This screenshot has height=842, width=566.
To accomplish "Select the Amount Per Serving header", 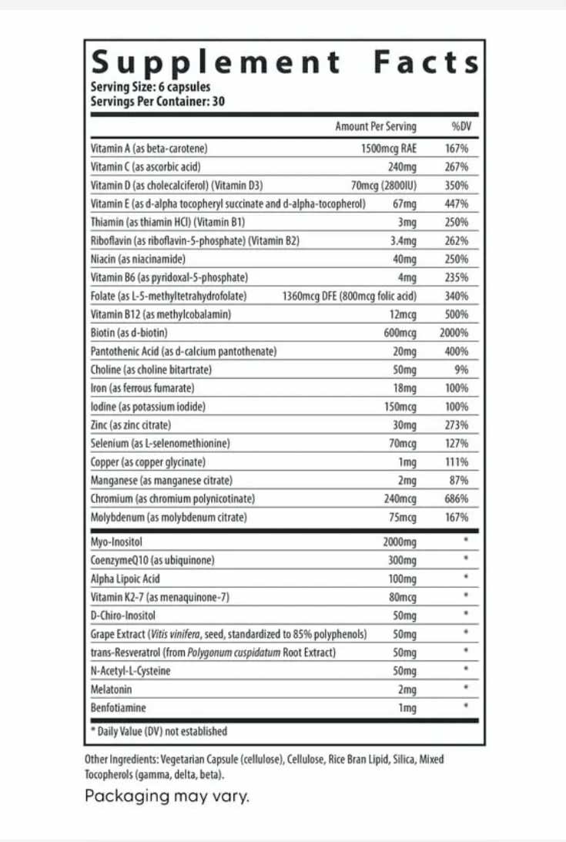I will coord(375,126).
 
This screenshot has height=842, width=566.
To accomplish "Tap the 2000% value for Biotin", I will coord(454,333).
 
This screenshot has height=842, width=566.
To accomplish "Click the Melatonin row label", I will coord(111,689).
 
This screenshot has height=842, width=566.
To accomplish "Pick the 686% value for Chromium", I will coord(456,499).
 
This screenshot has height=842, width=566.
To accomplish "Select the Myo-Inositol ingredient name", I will coord(116,542).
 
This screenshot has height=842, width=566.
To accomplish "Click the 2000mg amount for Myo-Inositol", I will coord(399,542).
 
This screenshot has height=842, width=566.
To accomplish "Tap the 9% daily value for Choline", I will coord(461,370).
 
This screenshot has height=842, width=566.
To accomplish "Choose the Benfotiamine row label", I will coord(118,708).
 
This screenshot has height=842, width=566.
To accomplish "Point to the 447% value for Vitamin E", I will coord(456,203).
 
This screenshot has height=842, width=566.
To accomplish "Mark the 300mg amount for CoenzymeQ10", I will coord(401,560).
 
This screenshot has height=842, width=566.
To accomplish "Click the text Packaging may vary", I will coord(167,796).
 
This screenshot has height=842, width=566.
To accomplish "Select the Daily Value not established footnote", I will coord(159,731).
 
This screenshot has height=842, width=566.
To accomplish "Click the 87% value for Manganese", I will coord(458,481).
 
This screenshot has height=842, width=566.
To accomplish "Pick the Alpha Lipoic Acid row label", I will coord(125,579).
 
